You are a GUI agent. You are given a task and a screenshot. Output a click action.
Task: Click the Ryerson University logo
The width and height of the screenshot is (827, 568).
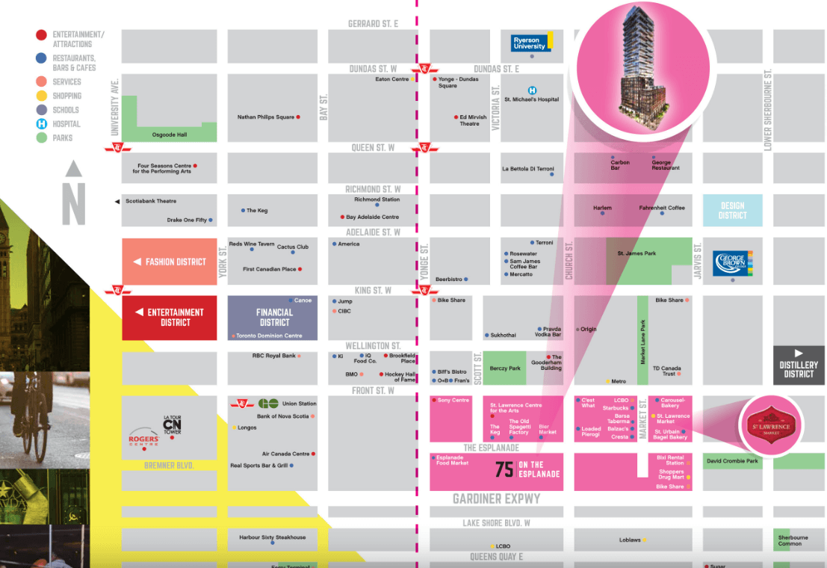[531, 43]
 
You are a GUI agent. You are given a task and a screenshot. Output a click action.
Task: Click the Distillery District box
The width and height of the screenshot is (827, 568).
[799, 365]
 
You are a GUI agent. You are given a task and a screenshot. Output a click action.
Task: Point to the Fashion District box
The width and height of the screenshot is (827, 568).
[169, 262]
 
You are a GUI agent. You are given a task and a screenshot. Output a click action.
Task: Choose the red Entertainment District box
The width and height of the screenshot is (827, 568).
[169, 318]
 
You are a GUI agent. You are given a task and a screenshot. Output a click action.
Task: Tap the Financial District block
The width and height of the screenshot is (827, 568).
[273, 318]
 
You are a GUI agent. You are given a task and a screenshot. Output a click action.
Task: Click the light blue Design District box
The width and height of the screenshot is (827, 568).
[732, 210]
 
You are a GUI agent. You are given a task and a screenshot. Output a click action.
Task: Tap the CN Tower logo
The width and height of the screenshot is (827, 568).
[173, 425]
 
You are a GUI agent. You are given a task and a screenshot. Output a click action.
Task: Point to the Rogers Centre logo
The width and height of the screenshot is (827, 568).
[143, 440]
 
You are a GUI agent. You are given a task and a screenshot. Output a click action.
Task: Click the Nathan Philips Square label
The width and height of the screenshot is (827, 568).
[265, 117]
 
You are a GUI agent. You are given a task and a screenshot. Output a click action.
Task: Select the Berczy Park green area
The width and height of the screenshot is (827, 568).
[505, 368]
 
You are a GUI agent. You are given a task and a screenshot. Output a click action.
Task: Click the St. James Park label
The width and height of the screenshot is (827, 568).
[636, 254]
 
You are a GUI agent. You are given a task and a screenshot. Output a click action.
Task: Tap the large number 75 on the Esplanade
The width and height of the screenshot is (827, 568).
[504, 469]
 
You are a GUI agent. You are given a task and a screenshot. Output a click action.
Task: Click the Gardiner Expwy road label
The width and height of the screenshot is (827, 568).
[496, 498]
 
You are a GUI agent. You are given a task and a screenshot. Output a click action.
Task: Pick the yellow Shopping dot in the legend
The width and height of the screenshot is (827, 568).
[42, 96]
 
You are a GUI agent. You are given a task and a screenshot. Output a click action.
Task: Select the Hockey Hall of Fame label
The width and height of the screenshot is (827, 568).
[400, 377]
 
